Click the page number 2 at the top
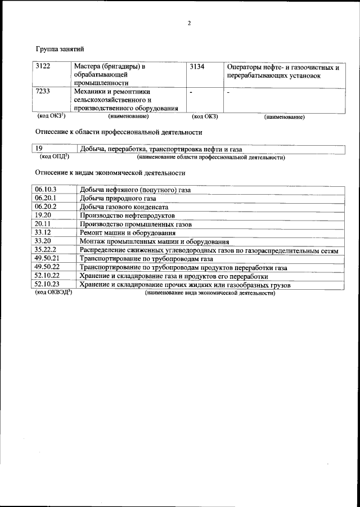(190, 23)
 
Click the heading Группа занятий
(60, 50)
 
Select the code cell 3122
(43, 67)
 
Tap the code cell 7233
(43, 91)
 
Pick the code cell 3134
(198, 67)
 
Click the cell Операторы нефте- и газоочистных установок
(282, 71)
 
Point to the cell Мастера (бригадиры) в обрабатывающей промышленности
(109, 74)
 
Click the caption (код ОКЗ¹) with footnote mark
(52, 116)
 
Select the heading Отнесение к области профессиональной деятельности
(118, 133)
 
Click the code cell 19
(39, 149)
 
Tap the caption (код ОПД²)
(53, 157)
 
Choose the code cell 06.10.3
(46, 190)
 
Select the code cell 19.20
(43, 215)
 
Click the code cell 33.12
(43, 232)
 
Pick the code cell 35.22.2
(46, 249)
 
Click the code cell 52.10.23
(47, 285)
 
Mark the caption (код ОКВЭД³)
(54, 293)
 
